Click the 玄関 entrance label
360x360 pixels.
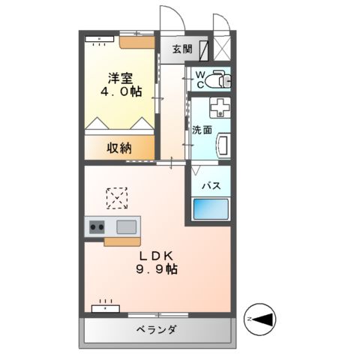[x=182, y=49]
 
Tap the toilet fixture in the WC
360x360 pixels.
[x=217, y=78]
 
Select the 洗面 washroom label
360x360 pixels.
[x=201, y=130]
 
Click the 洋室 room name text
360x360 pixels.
[x=121, y=78]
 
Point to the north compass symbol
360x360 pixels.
[x=262, y=321]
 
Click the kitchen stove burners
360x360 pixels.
[x=97, y=226]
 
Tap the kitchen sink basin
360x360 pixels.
[x=127, y=226]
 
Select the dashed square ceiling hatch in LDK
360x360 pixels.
[x=116, y=199]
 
